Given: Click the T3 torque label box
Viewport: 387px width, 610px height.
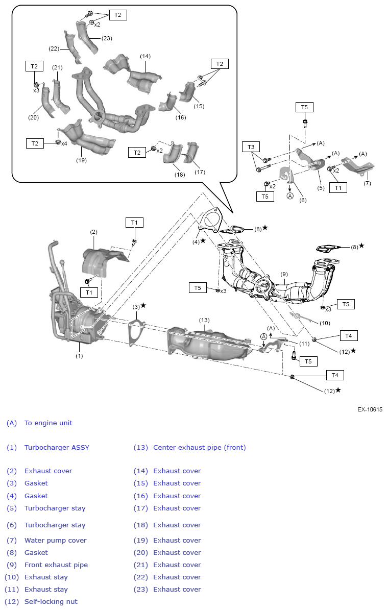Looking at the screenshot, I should pos(251,147).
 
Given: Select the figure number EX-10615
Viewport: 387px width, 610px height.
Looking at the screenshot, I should pos(370,409).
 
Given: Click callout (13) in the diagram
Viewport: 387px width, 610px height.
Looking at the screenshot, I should pos(204,320).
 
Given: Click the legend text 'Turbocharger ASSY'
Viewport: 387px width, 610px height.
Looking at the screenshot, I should pos(57,448).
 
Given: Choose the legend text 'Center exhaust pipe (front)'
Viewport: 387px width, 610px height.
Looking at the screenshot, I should pos(199,448).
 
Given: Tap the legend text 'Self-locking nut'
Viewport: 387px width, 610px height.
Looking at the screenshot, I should pos(51,602).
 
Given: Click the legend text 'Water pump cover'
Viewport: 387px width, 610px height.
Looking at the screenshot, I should pos(56,541).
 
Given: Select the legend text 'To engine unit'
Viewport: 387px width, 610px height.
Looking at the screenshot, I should pos(49,423).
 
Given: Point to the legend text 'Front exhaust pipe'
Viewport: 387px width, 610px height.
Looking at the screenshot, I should pos(56,565).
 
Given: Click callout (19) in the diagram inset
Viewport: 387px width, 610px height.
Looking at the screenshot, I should pos(81,160).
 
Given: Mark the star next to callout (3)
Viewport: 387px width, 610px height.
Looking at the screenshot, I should pos(143,305).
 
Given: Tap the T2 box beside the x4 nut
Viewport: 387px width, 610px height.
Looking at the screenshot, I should pos(35,143).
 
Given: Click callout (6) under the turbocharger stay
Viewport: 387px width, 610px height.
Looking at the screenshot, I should pos(303,200).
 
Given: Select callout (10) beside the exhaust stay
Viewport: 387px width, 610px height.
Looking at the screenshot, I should pos(325,323).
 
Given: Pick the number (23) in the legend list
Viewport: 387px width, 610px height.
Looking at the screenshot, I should pos(140,590).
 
